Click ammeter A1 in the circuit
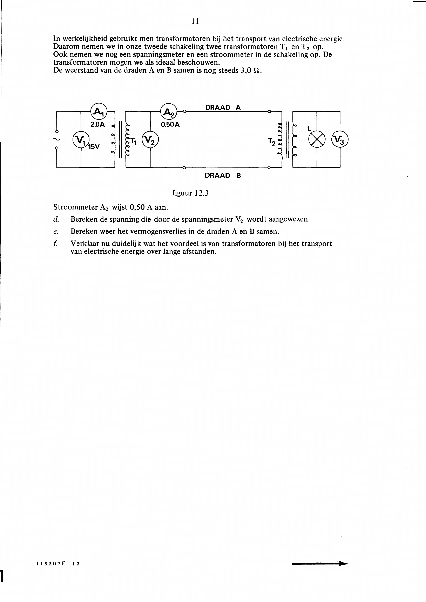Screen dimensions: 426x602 click(x=99, y=111)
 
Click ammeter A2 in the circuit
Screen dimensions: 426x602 click(x=169, y=111)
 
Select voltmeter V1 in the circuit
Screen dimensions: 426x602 click(x=81, y=139)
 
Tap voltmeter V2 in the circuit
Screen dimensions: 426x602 click(x=150, y=139)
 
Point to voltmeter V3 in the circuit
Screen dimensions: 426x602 click(x=340, y=139)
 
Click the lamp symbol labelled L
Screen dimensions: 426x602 click(x=317, y=139)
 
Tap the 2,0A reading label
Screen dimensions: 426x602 click(x=97, y=125)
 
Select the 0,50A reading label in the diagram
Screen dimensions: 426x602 click(x=170, y=125)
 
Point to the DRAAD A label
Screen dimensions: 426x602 click(x=223, y=108)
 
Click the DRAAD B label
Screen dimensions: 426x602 click(x=223, y=175)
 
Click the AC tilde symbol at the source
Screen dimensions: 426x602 click(x=57, y=139)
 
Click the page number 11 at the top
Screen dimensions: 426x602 click(x=195, y=21)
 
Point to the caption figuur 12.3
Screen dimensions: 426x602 click(x=190, y=193)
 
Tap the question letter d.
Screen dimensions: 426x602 click(x=56, y=219)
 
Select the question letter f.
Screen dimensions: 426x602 click(x=55, y=244)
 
